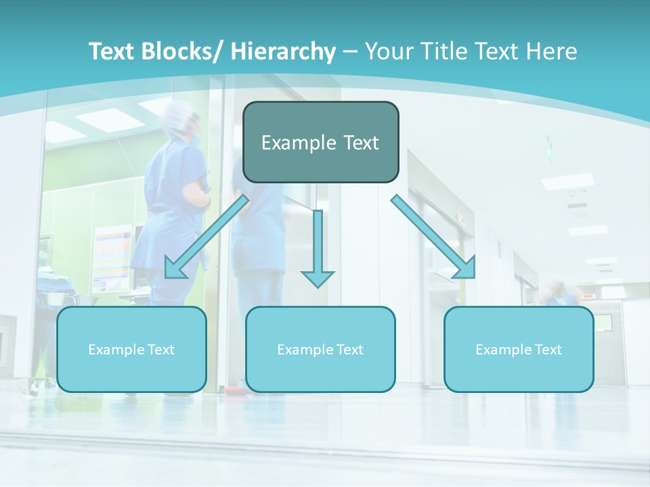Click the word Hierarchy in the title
click(283, 51)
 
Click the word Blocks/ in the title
click(183, 51)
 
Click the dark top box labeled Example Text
click(320, 142)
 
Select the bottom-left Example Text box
click(131, 349)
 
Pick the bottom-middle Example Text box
click(320, 349)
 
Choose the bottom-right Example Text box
click(519, 349)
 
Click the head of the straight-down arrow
click(318, 277)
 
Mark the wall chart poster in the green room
click(112, 257)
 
